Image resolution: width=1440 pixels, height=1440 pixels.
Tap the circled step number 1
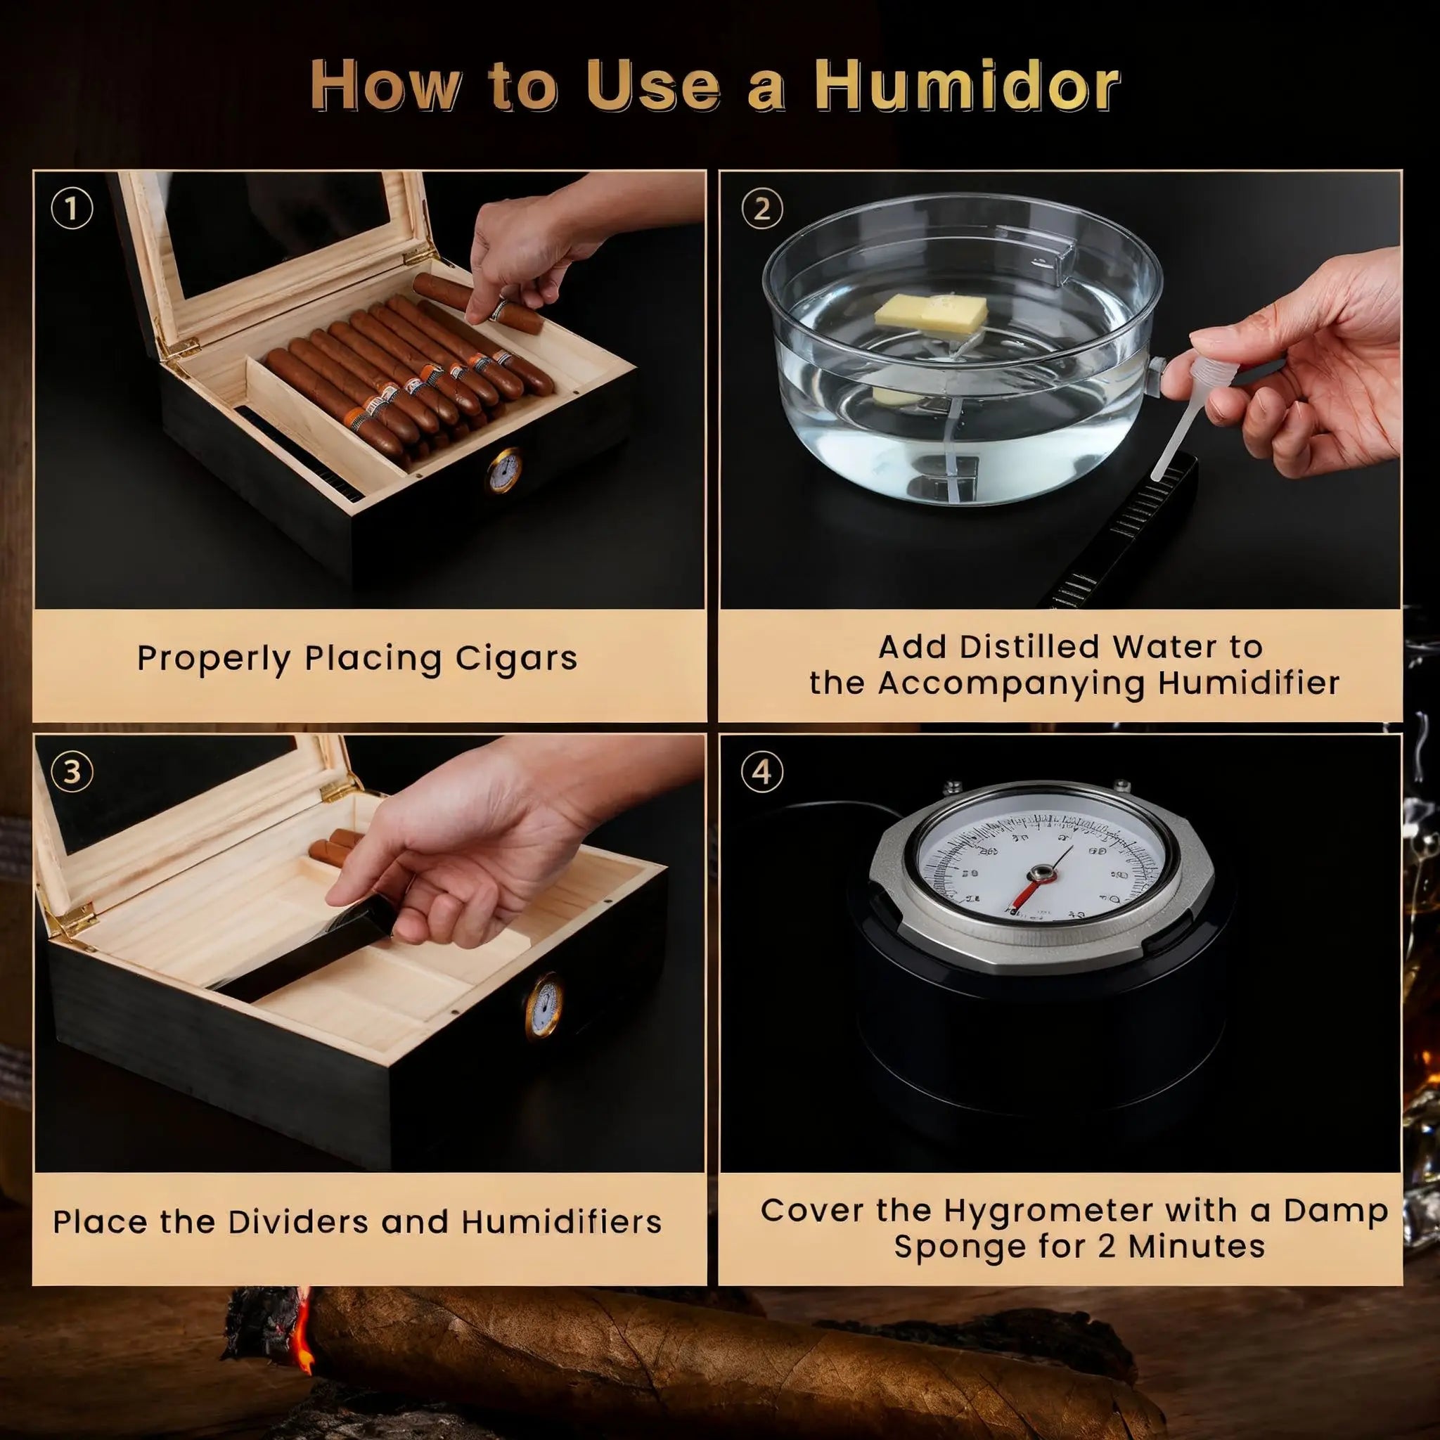pos(72,210)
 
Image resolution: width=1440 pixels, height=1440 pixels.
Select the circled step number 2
pos(761,210)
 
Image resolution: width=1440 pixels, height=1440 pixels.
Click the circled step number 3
pos(72,771)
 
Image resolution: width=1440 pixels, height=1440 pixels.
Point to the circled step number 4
pos(761,771)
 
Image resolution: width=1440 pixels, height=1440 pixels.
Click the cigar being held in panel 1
pos(477,302)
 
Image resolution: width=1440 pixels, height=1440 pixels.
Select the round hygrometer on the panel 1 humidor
pos(506,470)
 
